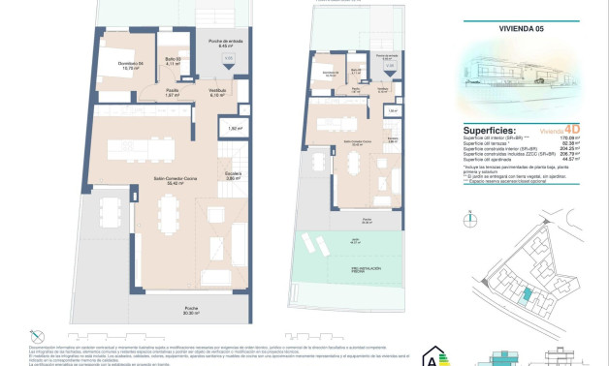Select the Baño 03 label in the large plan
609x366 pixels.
[x=173, y=60]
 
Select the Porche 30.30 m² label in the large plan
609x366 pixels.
[x=191, y=312]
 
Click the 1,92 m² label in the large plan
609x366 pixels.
[x=235, y=128]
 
